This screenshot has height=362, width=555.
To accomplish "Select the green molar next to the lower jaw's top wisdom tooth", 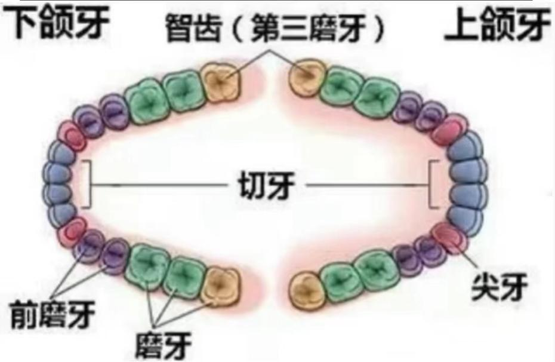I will [x=184, y=91].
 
